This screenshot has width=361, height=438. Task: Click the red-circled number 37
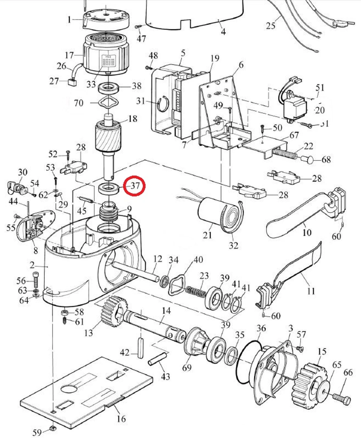point(135,186)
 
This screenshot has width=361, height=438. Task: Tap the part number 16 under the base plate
point(121,419)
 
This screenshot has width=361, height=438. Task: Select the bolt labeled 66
point(341,398)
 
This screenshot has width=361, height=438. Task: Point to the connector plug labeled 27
point(71,82)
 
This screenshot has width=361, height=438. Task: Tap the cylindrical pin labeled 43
point(157,358)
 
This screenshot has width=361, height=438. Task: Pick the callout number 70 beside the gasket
point(78,103)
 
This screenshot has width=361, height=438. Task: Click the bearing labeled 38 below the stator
point(108,88)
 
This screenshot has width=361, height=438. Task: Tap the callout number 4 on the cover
point(223,32)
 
